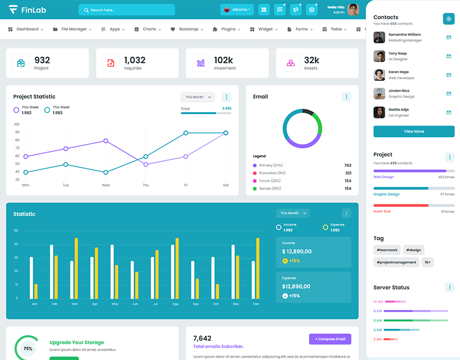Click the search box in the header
click(127, 10)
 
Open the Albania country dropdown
click(237, 10)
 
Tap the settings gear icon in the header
click(311, 10)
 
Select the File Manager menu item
click(74, 29)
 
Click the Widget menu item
click(265, 29)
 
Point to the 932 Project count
click(42, 60)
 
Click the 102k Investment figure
click(223, 60)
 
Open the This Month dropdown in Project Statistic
click(197, 97)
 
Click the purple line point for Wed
click(106, 141)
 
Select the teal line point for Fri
click(186, 133)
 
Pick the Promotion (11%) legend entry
click(272, 173)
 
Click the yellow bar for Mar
click(76, 268)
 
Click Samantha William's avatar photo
click(379, 37)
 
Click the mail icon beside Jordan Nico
click(448, 94)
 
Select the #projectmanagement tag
click(396, 262)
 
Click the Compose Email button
click(330, 339)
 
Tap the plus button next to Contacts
click(448, 19)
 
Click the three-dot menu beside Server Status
click(449, 287)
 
